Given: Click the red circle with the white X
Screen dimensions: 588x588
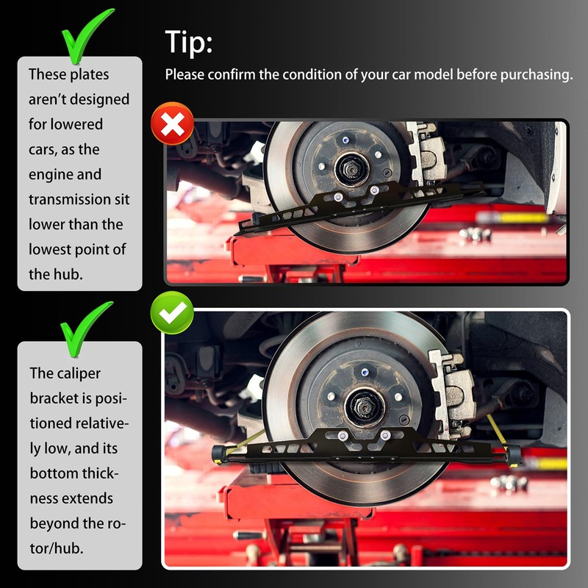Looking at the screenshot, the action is pyautogui.click(x=172, y=123).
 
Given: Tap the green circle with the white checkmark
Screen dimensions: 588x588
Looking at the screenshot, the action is pyautogui.click(x=172, y=313).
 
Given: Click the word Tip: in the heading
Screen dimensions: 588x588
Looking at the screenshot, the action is pyautogui.click(x=189, y=42).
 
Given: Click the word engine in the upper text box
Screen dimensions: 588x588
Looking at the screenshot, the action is pyautogui.click(x=65, y=175).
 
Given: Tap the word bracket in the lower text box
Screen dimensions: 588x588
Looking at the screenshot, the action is pyautogui.click(x=51, y=398).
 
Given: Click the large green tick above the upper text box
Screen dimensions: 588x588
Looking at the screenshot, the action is pyautogui.click(x=87, y=35).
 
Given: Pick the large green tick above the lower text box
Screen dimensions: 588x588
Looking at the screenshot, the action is pyautogui.click(x=85, y=329).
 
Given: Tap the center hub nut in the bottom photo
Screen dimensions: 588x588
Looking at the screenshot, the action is pyautogui.click(x=364, y=406).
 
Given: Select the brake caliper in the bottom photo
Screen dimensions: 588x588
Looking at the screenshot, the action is pyautogui.click(x=452, y=395).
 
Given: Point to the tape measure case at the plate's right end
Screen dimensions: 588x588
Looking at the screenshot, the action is pyautogui.click(x=512, y=455).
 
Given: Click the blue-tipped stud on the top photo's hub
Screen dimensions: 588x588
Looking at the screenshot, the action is pyautogui.click(x=345, y=140).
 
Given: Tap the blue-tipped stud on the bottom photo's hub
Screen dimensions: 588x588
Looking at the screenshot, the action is pyautogui.click(x=364, y=373).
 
